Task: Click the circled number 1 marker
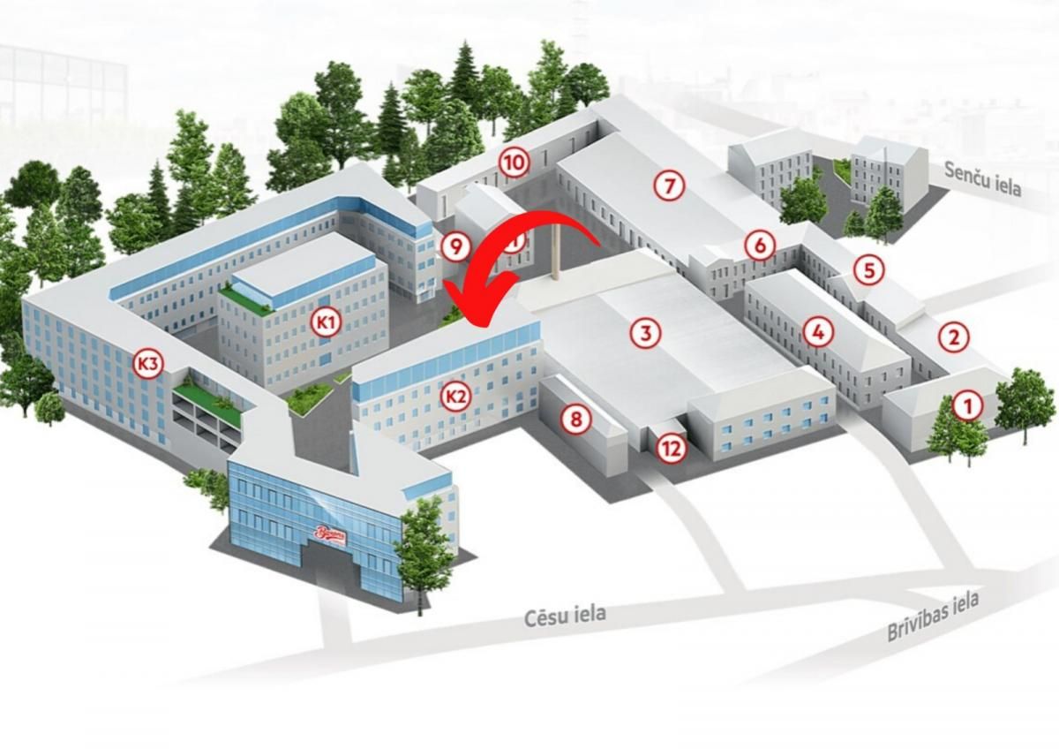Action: (968, 406)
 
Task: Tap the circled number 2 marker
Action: (953, 337)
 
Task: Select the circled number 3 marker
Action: (645, 333)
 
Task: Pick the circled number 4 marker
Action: (818, 332)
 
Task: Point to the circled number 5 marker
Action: (869, 270)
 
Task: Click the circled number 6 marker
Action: (759, 246)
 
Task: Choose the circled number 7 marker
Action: (670, 185)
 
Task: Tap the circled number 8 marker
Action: (576, 419)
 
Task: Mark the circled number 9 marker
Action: (455, 246)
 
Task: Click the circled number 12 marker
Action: (672, 449)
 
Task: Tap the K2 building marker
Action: (455, 397)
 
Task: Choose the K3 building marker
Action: (148, 362)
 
